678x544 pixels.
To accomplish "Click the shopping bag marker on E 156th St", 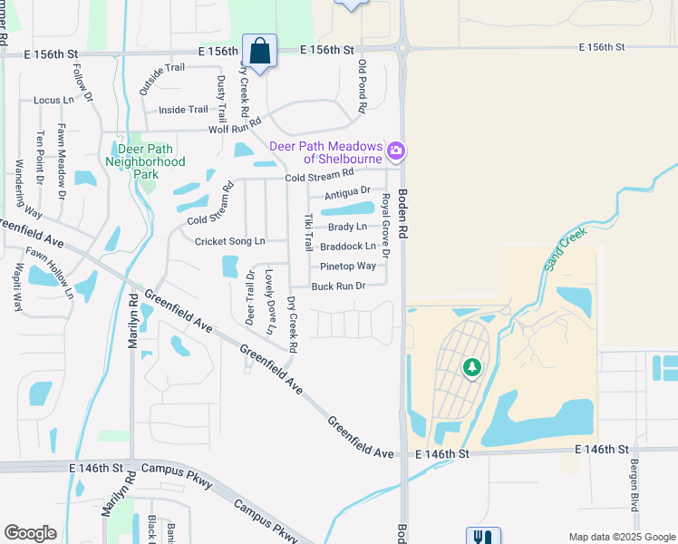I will (x=260, y=53).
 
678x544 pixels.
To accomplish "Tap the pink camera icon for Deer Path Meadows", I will (x=395, y=150).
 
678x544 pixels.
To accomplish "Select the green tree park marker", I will (x=471, y=367).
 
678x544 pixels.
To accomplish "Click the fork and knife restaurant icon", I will (x=478, y=536).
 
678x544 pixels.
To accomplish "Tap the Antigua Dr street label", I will (x=348, y=191).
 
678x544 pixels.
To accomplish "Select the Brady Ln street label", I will (x=348, y=227).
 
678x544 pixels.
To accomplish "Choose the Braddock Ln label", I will (x=348, y=247).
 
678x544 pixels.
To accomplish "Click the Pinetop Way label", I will (x=348, y=267).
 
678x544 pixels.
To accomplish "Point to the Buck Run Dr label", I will (x=338, y=287).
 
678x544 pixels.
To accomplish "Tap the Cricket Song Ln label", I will (x=230, y=241).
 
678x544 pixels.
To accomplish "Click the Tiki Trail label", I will (x=308, y=233).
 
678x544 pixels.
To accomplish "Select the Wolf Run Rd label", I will (x=234, y=125).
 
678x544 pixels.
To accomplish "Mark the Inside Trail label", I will (x=183, y=110).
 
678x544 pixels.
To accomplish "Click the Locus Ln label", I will (x=53, y=100).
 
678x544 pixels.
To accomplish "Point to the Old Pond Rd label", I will (x=362, y=86).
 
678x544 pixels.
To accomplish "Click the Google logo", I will (x=30, y=532).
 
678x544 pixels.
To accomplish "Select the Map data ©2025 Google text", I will (x=621, y=536).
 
